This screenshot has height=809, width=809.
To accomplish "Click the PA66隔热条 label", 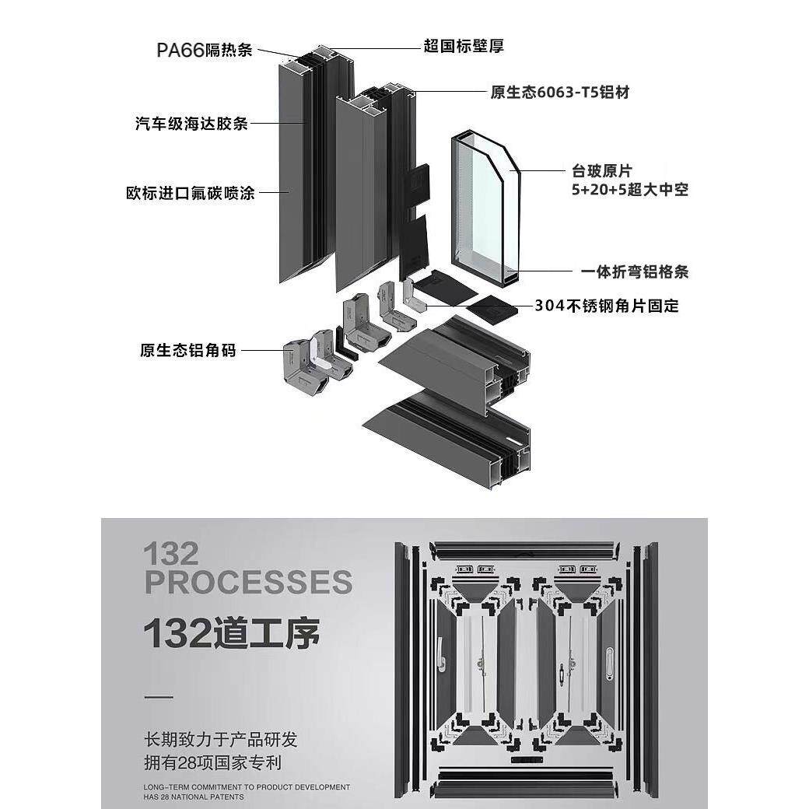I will pos(205,51).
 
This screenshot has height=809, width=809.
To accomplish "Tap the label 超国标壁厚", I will pos(464,47).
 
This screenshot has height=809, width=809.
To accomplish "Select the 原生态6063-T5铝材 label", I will pos(559,93).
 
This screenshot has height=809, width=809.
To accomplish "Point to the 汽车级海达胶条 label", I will pos(191,123).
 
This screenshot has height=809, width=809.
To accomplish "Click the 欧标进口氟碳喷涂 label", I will pos(191,192).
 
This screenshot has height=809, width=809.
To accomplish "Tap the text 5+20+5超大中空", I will pos(629,189).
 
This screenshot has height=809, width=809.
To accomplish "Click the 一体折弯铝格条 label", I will pos(635,271).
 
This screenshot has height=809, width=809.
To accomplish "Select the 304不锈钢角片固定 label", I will pos(607,306).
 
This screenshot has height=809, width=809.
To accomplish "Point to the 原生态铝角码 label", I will pos(187,350).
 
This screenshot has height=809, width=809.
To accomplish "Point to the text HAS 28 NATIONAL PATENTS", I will pos(194,797).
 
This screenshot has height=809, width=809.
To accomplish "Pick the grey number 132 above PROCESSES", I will pos(171,555).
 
